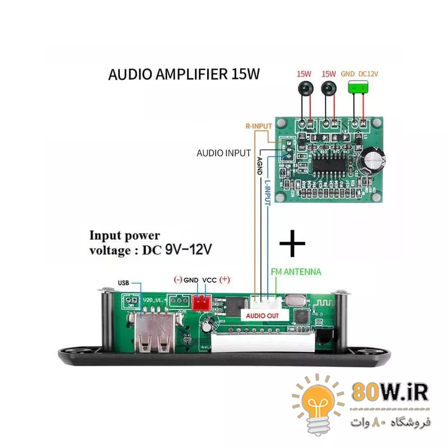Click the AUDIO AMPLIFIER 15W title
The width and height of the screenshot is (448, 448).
click(x=184, y=74)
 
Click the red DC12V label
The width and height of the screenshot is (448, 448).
click(x=368, y=73)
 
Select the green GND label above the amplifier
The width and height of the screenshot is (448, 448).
click(x=348, y=73)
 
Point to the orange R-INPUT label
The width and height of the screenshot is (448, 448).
click(x=258, y=126)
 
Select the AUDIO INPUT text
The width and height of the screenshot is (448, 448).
click(x=223, y=152)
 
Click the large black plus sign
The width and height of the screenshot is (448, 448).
click(x=292, y=244)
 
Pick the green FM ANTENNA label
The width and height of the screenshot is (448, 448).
click(x=296, y=272)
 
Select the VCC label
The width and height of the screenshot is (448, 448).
click(x=209, y=279)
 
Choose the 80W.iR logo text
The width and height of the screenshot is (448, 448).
click(x=390, y=392)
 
